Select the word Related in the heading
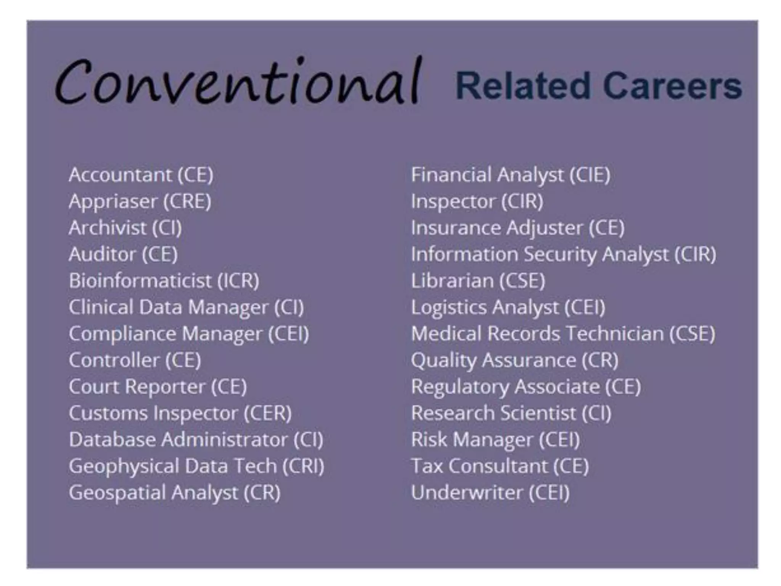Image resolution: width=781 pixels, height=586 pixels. point(523,86)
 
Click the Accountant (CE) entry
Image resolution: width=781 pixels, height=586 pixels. point(141,175)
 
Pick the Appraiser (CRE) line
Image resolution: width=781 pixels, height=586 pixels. point(140,201)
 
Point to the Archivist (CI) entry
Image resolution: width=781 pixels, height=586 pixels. point(125,228)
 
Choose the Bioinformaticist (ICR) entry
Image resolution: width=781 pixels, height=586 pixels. point(164,281)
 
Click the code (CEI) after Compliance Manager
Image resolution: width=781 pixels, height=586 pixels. point(288,334)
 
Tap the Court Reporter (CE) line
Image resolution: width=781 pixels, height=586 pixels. point(157,387)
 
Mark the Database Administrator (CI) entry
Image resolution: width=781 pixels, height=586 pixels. point(196,439)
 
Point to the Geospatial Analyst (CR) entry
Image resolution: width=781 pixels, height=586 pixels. point(175,493)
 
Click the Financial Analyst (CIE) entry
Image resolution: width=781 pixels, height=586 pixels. point(511,175)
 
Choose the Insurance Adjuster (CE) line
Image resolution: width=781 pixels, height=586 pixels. point(517,228)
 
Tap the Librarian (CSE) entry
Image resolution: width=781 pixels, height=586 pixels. point(478,281)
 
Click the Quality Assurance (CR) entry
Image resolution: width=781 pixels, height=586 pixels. point(514,360)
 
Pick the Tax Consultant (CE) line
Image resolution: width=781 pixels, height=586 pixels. point(500,466)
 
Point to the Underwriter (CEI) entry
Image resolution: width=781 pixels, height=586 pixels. point(490,493)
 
